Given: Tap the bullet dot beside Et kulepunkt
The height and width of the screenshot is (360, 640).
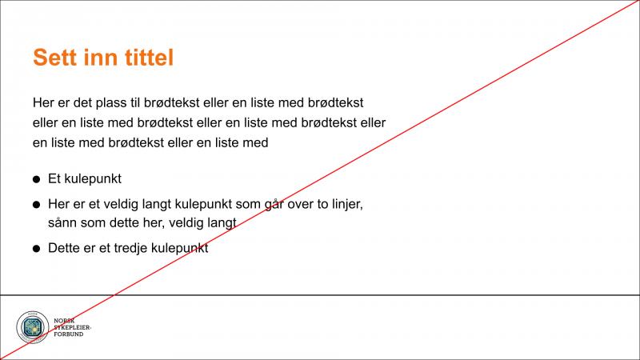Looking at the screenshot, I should (x=37, y=180).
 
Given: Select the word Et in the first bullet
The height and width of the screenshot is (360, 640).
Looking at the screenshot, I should (x=55, y=179).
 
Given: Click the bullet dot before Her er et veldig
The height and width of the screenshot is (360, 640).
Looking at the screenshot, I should (x=37, y=206).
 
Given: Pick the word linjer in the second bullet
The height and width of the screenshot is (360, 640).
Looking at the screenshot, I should (x=346, y=205).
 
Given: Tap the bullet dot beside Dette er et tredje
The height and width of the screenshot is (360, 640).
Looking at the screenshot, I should (x=37, y=250).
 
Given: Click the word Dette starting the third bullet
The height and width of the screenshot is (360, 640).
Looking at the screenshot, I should (x=64, y=249).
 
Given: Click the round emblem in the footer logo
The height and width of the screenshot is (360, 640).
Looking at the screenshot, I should (x=32, y=327).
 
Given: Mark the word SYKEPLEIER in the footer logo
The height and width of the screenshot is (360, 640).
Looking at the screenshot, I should (x=72, y=328).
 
